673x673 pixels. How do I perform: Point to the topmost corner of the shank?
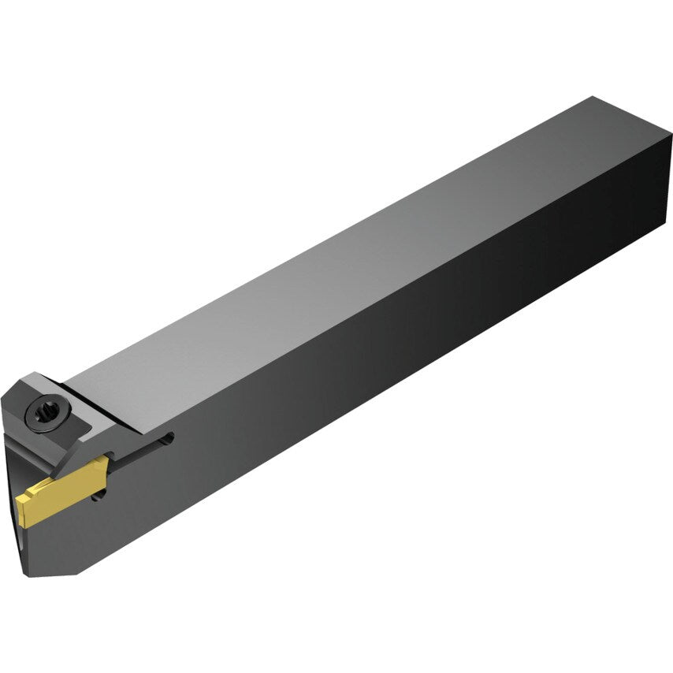coord(593,98)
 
